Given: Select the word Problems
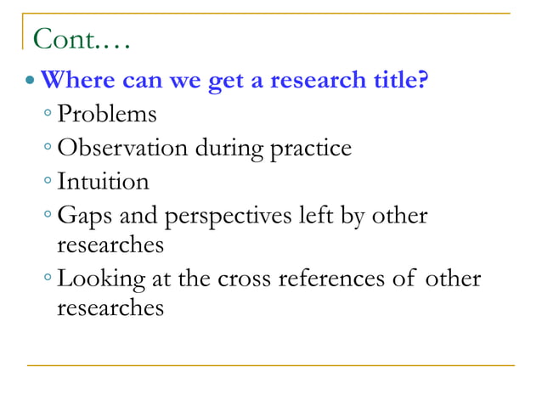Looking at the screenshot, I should click(107, 115).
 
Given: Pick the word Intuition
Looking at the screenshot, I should click(103, 181).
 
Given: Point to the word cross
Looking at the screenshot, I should click(267, 279).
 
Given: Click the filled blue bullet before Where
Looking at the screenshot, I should click(31, 83).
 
